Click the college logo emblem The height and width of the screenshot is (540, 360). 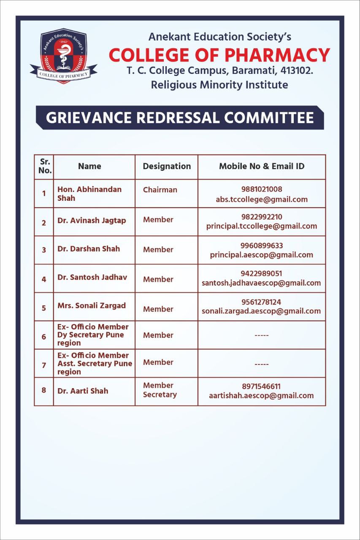point(64,57)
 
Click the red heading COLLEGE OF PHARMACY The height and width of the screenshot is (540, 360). point(219,55)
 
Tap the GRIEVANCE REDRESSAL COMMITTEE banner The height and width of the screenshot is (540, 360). point(180,118)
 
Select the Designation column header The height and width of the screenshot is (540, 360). point(167,166)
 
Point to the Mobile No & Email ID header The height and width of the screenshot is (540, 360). point(262,166)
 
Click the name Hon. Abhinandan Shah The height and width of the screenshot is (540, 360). point(89,194)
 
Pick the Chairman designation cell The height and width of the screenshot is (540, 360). point(160,190)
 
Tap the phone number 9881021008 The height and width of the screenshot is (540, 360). point(262,189)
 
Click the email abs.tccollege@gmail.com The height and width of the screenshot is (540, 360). point(262,200)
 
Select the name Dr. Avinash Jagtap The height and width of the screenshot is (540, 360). point(92,221)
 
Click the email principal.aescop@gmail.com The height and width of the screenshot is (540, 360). point(262,255)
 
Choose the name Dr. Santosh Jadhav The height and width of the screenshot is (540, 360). point(92,277)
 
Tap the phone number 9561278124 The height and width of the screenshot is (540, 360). point(261,302)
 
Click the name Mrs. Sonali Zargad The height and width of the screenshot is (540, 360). point(92,305)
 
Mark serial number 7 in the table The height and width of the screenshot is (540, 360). point(44,365)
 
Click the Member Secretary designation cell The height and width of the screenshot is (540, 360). point(160,390)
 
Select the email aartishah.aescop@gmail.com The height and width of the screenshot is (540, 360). point(261,396)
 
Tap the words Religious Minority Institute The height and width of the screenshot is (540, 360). point(219,85)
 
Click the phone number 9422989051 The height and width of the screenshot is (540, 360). point(262,274)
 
